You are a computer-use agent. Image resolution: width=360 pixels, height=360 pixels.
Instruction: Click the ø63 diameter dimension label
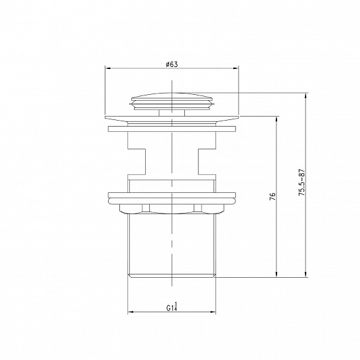tap(172, 64)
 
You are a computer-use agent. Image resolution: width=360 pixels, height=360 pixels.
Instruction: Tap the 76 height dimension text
tap(272, 197)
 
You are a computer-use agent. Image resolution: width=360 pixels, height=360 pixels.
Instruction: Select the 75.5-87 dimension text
tap(301, 182)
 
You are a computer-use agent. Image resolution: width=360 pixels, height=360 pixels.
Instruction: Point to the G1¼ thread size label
tap(172, 306)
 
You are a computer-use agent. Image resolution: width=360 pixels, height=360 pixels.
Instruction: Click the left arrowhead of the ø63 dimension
tap(108, 68)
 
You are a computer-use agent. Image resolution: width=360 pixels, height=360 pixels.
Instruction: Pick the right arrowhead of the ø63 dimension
tap(236, 68)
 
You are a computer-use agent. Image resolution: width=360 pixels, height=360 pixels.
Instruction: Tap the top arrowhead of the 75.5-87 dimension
tap(306, 96)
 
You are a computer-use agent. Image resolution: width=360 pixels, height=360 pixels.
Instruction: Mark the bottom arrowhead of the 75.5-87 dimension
tap(306, 274)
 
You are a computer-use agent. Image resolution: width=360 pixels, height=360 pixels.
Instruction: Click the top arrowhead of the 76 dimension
tap(276, 119)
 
